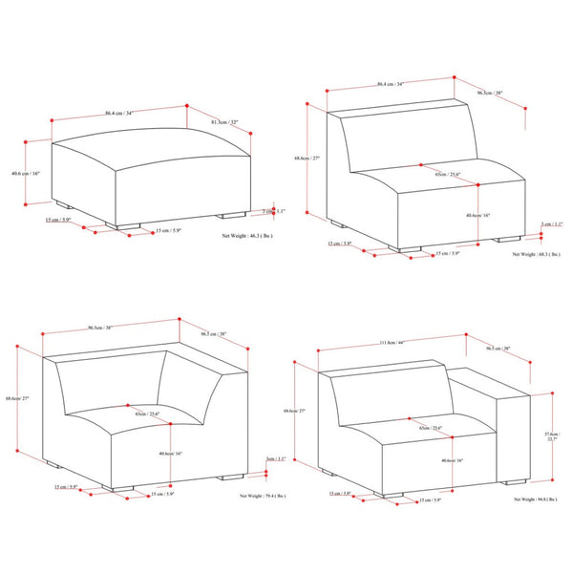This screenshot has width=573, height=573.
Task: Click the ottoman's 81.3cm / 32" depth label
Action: pyautogui.click(x=226, y=121)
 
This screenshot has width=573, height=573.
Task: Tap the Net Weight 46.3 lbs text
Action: pyautogui.click(x=247, y=233)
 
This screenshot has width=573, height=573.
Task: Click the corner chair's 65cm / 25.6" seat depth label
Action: pyautogui.click(x=147, y=414)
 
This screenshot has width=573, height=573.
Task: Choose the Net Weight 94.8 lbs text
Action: pyautogui.click(x=536, y=498)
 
